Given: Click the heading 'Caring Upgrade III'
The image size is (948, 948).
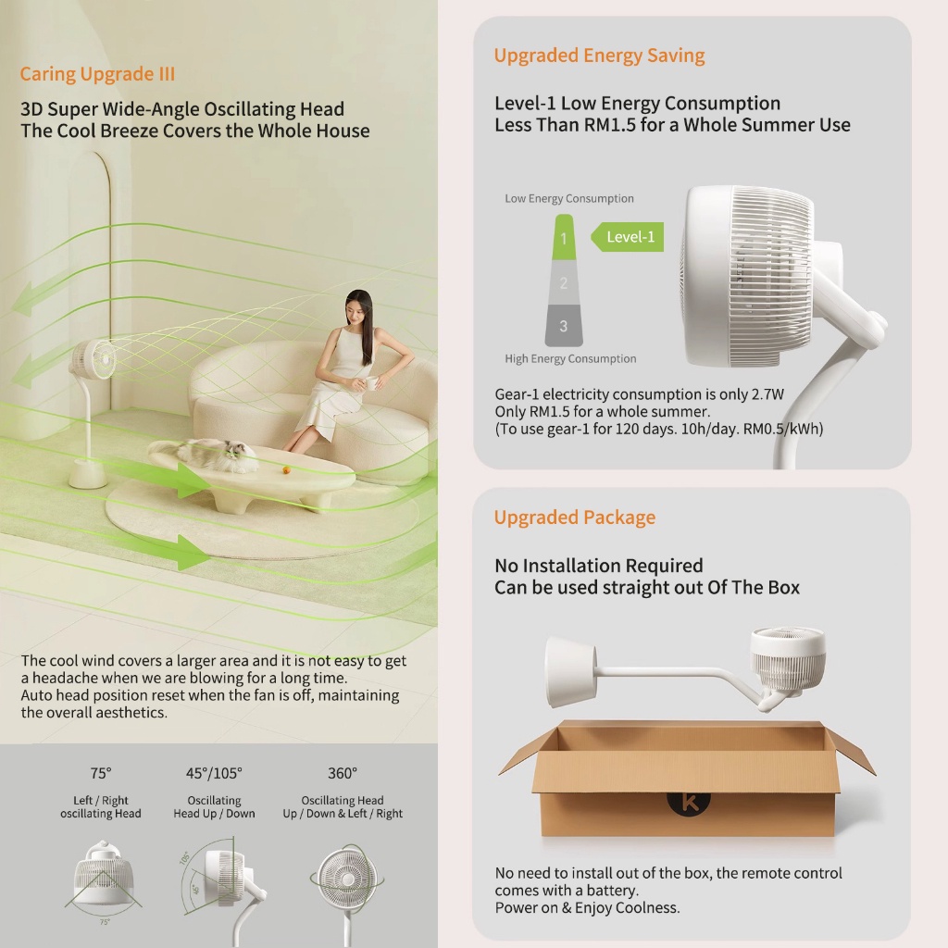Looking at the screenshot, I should tap(97, 74).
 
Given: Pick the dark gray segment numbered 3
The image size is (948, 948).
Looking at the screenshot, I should tap(564, 325).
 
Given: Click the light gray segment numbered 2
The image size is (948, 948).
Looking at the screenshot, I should tap(564, 282).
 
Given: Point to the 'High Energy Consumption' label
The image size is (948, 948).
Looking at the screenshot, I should tap(570, 359).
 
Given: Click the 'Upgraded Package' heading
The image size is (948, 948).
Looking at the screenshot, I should tap(574, 518).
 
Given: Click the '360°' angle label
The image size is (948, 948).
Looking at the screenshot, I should tap(342, 773).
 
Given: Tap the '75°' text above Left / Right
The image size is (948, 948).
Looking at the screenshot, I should tap(101, 773).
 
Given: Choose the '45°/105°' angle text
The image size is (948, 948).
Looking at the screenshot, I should tap(214, 773).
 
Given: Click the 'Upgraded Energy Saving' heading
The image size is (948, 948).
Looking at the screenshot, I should tap(599, 56).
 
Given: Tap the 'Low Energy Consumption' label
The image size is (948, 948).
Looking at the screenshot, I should tap(569, 199).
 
